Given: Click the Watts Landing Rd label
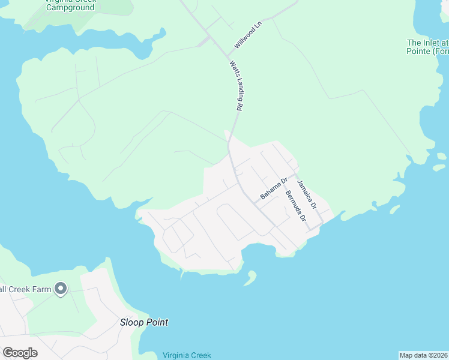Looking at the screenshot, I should tap(235, 85).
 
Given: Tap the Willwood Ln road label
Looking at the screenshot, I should tap(249, 35).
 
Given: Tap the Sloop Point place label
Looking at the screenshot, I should tap(143, 322).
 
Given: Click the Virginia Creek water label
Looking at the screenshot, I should tap(187, 355).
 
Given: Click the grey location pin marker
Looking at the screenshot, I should tap(60, 289).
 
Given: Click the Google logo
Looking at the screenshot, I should tap(20, 352).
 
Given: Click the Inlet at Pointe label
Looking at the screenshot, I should tap(427, 47).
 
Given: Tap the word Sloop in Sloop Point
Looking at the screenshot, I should tap(132, 322).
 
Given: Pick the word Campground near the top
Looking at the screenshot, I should tap(70, 8).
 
